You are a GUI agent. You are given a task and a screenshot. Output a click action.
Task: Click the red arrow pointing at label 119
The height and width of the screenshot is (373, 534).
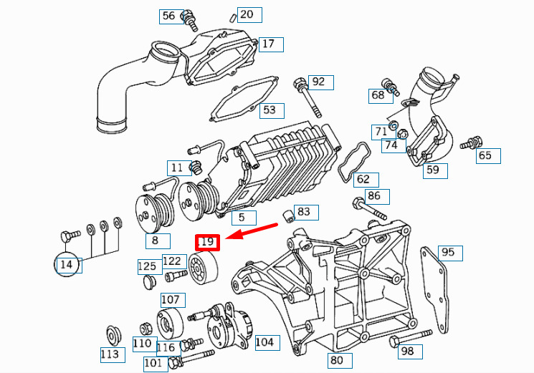click(252, 231)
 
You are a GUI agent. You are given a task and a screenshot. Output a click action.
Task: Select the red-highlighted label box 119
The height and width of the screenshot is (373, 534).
click(207, 243)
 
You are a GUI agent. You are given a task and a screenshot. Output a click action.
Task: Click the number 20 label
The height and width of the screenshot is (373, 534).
click(249, 15)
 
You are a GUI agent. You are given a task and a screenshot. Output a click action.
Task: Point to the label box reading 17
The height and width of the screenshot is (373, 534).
click(271, 44)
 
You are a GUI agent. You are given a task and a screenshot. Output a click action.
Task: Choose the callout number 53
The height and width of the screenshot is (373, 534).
click(272, 111)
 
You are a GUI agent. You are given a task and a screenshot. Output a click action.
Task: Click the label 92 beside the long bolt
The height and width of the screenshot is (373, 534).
click(321, 82)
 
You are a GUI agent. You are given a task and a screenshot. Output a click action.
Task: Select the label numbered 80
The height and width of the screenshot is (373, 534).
click(340, 360)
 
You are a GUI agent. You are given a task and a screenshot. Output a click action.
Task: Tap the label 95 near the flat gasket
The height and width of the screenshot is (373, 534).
click(450, 253)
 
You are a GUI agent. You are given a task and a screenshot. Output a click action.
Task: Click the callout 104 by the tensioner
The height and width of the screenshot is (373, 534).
click(267, 343)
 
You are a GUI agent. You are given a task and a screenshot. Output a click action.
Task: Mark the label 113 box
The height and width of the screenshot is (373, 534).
click(113, 355)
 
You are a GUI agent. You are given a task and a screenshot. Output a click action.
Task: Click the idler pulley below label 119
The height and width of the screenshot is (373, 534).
click(204, 268)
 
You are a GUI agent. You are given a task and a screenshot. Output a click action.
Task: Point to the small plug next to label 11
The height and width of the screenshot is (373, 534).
click(196, 168)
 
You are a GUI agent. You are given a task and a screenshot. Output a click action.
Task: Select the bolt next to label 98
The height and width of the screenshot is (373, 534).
click(411, 338)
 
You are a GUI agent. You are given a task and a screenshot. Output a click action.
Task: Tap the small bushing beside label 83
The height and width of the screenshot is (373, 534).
click(288, 216)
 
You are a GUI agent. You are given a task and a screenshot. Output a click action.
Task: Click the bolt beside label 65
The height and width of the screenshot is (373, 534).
click(471, 142)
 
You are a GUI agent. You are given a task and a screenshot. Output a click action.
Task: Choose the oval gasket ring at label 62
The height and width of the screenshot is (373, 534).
click(354, 160)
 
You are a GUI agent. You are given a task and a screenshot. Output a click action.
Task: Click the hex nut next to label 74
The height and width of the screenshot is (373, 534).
click(402, 135)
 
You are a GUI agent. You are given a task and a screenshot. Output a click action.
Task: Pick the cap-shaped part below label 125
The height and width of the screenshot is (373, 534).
click(148, 283)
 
